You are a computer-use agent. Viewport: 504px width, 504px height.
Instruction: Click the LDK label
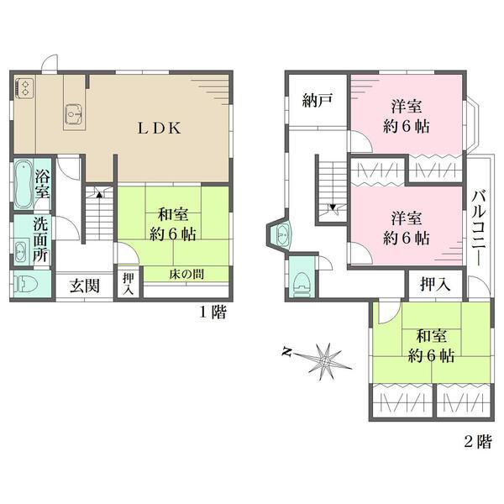pos(160,129)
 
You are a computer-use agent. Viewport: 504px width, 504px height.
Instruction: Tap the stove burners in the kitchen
pos(24,87)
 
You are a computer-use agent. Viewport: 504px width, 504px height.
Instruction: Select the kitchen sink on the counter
pos(74,113)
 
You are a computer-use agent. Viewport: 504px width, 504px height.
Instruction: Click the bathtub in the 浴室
pos(24,184)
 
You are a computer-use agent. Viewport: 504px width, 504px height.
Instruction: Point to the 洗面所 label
pos(41,240)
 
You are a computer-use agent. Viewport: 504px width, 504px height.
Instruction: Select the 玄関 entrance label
pos(85,286)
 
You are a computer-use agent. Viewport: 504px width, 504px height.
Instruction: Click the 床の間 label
pos(186,274)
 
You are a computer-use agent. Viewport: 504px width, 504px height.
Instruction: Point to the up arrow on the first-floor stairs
pos(99,195)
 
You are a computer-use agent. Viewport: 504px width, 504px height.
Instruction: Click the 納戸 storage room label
pos(318,101)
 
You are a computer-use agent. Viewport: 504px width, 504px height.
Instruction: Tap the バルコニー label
pos(480,228)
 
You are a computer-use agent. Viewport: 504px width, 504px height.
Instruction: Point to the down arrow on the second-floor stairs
pos(333,207)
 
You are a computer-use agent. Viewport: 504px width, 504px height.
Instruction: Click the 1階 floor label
pos(213,312)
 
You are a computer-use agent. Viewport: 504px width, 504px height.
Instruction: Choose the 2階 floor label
pos(478,442)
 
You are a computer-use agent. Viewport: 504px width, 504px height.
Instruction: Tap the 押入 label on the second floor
pos(435,284)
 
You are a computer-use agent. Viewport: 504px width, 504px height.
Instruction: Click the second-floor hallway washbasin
pos(283,235)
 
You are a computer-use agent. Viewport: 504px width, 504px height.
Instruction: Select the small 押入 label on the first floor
pos(129,284)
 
